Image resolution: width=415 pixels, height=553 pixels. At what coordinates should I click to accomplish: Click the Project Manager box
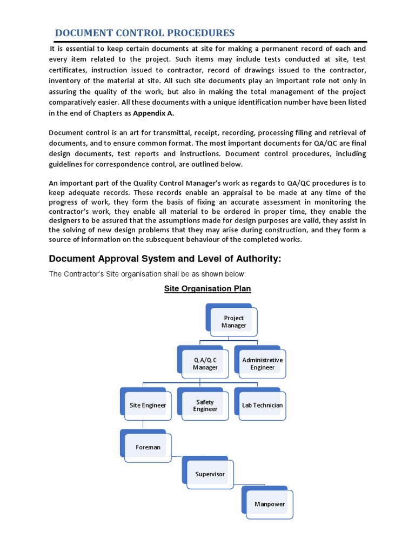point(233,322)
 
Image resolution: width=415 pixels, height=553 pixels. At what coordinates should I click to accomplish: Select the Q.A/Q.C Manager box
point(205,364)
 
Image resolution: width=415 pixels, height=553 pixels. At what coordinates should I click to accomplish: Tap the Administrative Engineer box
point(262,363)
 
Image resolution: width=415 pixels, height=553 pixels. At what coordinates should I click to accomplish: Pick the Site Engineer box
point(148,405)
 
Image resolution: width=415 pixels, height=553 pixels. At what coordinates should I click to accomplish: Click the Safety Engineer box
point(205,406)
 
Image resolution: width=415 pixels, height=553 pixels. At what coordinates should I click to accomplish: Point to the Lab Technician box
point(262,405)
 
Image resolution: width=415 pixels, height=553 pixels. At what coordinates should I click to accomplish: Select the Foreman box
point(148,447)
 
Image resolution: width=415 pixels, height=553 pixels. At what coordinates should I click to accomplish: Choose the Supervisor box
point(210,474)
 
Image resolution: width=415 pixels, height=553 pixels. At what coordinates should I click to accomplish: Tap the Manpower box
point(269,504)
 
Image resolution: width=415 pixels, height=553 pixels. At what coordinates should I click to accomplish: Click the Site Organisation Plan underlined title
point(207,288)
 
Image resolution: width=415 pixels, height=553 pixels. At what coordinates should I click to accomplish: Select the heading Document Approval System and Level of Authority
point(165,259)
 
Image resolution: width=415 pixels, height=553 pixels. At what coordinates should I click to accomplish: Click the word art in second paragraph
point(130,133)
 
